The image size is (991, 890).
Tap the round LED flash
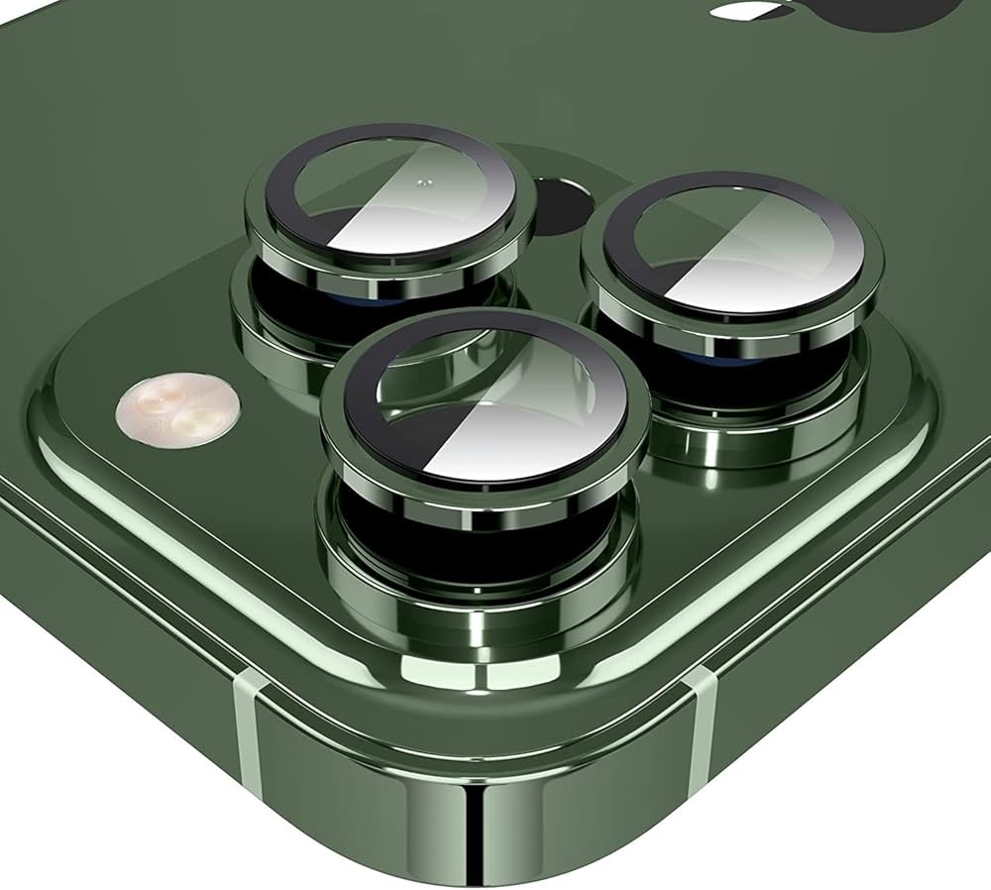click(x=177, y=410)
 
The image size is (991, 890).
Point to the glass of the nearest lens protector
click(x=486, y=401)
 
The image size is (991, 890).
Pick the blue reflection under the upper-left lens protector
click(x=327, y=296)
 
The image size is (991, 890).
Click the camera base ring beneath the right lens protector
click(x=753, y=436)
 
